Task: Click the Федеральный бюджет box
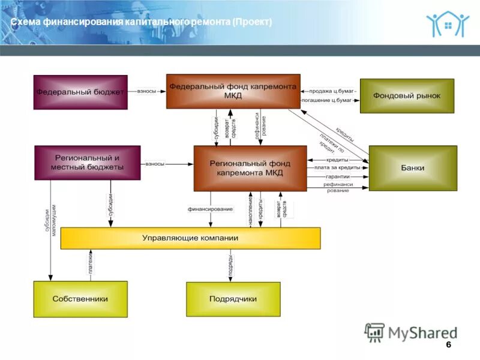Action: tap(80, 92)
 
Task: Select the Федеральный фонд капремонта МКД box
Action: tap(233, 91)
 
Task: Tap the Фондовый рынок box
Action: tap(407, 96)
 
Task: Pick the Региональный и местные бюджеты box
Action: tap(88, 163)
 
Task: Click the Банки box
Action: tap(413, 168)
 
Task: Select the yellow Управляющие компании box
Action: tap(190, 238)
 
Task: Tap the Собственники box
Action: tap(80, 299)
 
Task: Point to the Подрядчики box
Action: tap(233, 299)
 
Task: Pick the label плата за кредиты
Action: tap(337, 168)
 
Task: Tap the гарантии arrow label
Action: tap(338, 177)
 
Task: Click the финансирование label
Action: tap(210, 209)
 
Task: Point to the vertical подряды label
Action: tap(230, 265)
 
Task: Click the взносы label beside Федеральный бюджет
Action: tap(147, 91)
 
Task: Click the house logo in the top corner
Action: tap(448, 23)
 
